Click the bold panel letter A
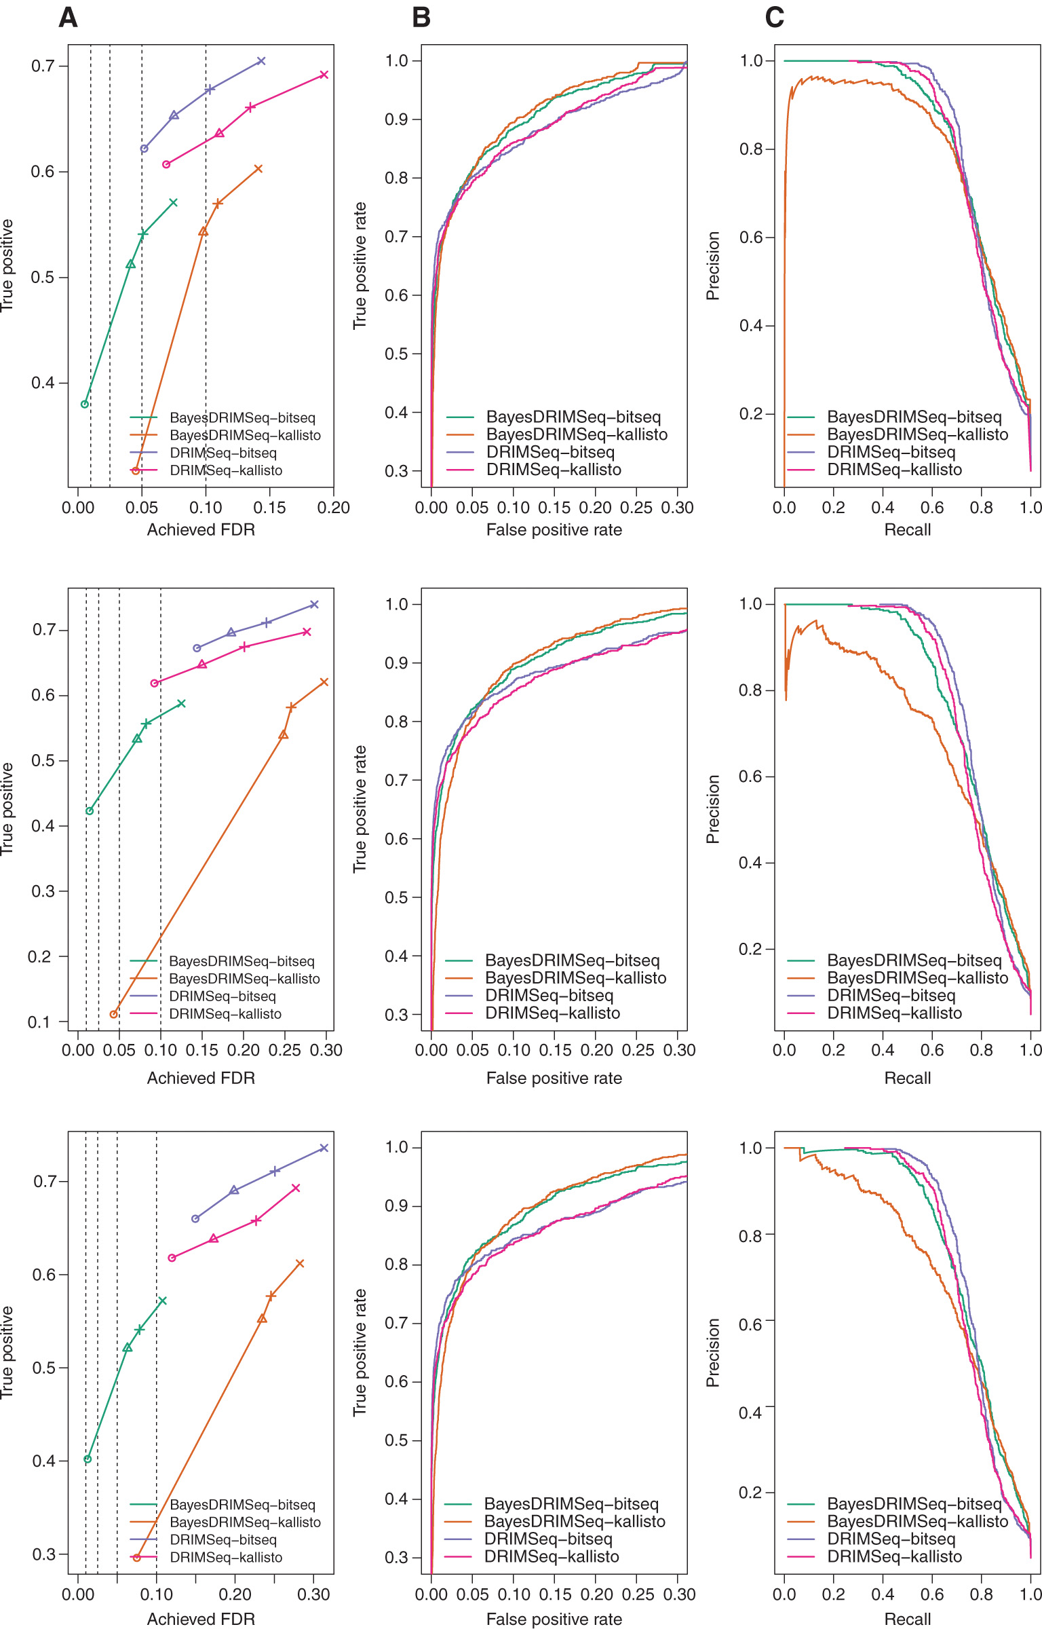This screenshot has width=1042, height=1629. click(x=68, y=18)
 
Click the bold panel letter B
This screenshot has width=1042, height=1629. click(x=421, y=18)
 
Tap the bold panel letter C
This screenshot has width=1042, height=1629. click(x=774, y=18)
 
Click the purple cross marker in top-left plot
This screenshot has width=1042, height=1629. click(x=261, y=61)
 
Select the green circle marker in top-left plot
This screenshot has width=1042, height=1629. click(x=85, y=404)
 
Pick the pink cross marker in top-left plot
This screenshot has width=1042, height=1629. click(x=324, y=75)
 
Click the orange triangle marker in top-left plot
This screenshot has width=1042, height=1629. click(x=203, y=232)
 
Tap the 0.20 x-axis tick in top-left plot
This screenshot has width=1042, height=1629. click(x=333, y=508)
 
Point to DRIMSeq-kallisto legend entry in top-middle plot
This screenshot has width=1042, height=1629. click(x=554, y=470)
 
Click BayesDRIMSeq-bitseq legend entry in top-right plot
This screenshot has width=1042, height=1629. click(x=914, y=417)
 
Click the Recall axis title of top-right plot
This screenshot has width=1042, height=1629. click(x=907, y=529)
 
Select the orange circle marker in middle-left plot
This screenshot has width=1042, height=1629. click(x=114, y=1014)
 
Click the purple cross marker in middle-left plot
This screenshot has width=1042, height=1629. click(x=314, y=604)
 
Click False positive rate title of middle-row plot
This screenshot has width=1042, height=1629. click(x=554, y=1078)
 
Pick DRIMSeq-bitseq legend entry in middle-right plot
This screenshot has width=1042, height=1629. click(x=891, y=996)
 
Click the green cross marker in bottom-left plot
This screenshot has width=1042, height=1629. click(x=162, y=1300)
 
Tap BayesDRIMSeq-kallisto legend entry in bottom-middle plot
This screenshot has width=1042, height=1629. click(x=574, y=1522)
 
